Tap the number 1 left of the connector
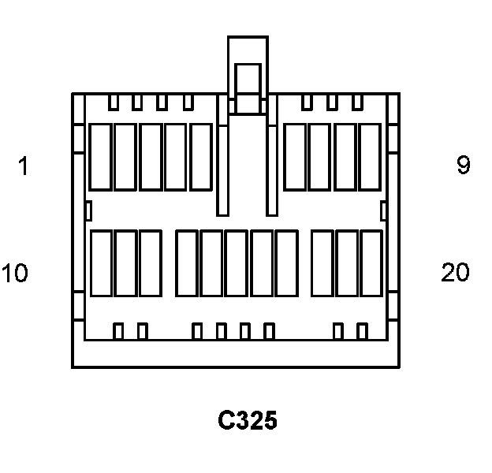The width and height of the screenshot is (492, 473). tap(23, 166)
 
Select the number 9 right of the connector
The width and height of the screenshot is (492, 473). tap(463, 166)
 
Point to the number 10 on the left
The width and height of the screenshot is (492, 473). tap(15, 274)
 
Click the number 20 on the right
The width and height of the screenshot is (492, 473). tap(455, 273)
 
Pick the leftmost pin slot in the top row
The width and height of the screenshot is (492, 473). tap(99, 156)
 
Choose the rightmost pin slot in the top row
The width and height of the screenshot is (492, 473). tap(370, 156)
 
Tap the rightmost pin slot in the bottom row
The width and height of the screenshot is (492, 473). tap(371, 263)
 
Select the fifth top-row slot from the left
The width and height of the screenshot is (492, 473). tap(200, 156)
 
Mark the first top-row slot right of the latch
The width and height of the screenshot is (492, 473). tap(294, 156)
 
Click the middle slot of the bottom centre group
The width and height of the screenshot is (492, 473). tap(237, 263)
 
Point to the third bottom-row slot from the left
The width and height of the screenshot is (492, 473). tap(150, 263)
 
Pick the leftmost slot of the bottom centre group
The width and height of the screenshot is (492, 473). tap(186, 263)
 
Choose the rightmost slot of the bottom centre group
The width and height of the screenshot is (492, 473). tap(286, 263)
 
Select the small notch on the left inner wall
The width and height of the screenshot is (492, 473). tap(88, 210)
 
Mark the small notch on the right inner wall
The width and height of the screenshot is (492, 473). tap(383, 210)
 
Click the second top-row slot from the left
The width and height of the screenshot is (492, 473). tap(125, 156)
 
